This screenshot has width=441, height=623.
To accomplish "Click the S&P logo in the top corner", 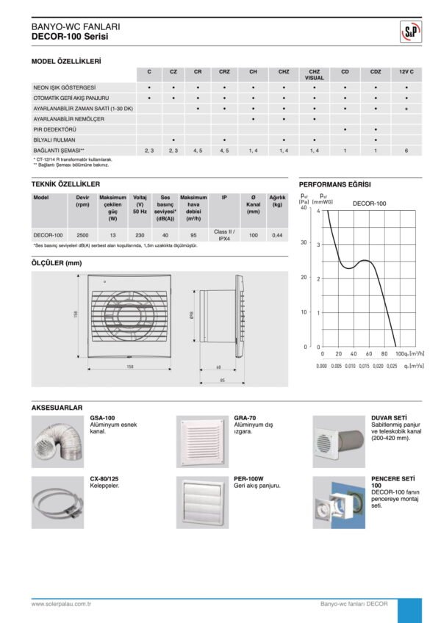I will click(408, 31).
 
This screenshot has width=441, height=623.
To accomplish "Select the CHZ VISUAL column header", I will click(314, 74).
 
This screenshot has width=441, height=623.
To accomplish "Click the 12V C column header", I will click(406, 71).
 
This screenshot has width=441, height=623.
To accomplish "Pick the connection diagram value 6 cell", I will click(406, 149).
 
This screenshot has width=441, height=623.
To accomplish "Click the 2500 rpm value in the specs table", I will click(83, 234).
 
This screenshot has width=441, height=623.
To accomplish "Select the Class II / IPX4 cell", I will click(224, 234).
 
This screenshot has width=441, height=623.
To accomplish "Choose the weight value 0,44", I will click(276, 234).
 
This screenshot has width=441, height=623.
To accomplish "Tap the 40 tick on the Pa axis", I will click(304, 207).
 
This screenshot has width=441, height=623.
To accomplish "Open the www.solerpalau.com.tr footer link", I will click(61, 604).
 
